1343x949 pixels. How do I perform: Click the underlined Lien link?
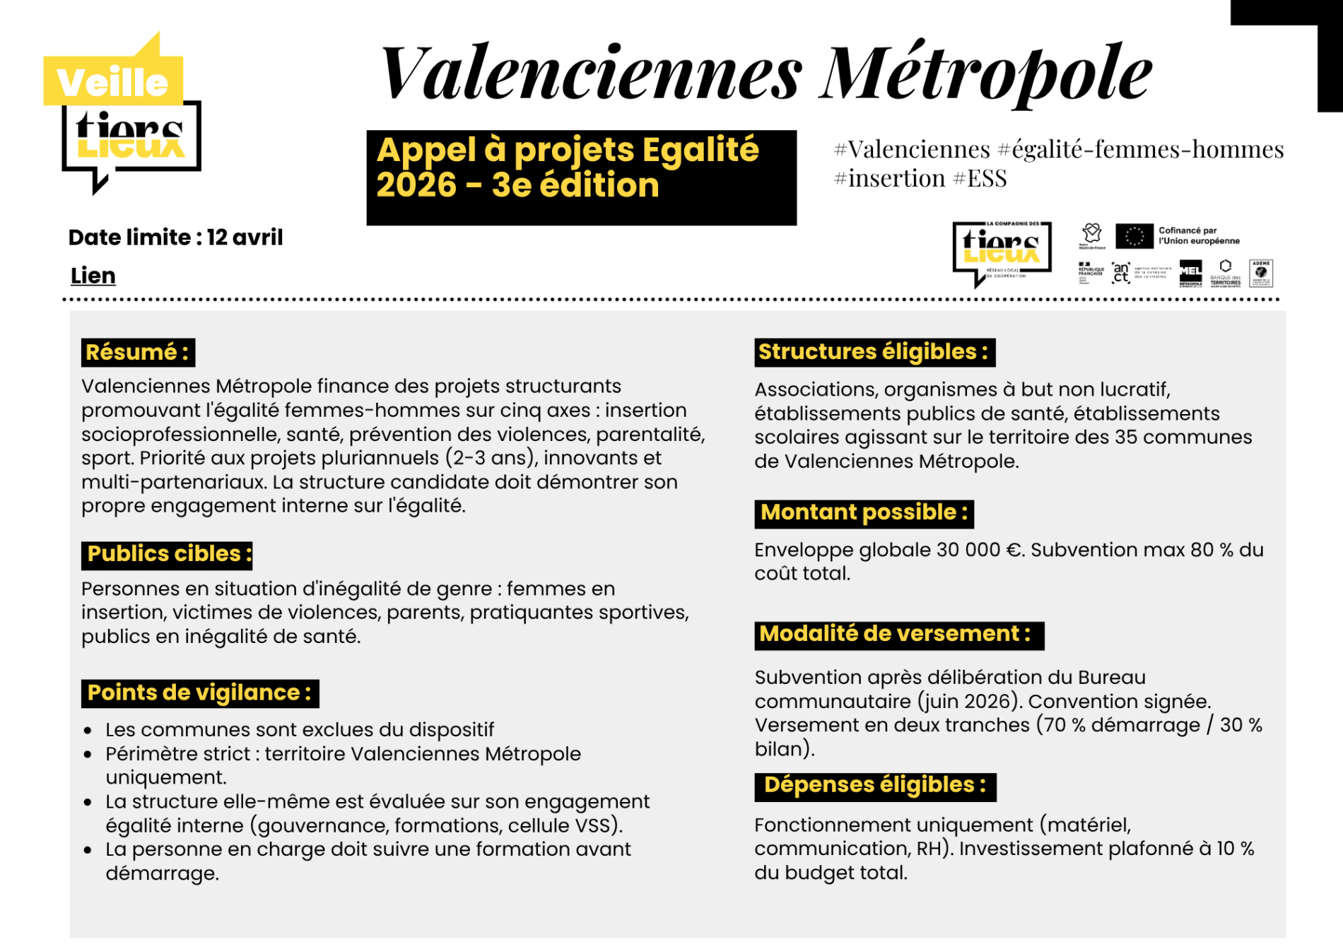click(x=93, y=276)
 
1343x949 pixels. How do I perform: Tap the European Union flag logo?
click(x=1134, y=236)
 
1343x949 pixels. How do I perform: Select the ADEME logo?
click(x=1261, y=273)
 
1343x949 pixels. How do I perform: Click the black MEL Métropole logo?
click(x=1190, y=273)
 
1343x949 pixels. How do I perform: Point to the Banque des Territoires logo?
click(x=1226, y=273)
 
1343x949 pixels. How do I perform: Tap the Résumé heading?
click(x=138, y=352)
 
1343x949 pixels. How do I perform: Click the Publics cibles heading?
click(x=167, y=554)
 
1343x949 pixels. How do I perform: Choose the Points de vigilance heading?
click(x=200, y=693)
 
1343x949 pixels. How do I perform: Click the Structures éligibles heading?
click(x=874, y=352)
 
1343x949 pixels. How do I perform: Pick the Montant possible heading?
click(x=864, y=513)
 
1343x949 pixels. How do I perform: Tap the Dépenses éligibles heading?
click(x=875, y=786)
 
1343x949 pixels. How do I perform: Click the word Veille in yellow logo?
click(x=112, y=83)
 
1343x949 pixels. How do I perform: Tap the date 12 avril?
click(x=245, y=237)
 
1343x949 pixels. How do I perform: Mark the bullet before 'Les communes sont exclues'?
click(x=88, y=731)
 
